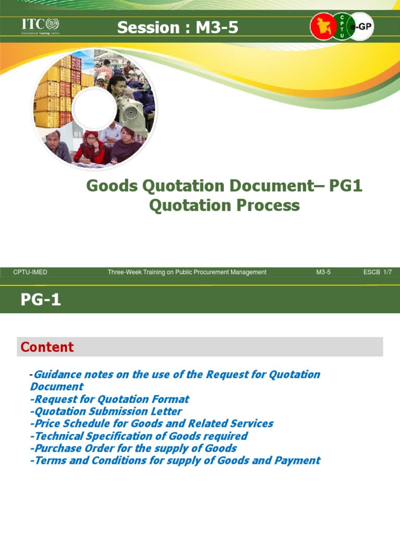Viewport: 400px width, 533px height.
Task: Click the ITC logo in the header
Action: point(40,26)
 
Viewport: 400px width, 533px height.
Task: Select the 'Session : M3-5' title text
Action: point(178,28)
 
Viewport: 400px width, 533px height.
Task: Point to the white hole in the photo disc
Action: point(94,109)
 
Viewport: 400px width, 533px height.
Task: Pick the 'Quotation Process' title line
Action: point(224,205)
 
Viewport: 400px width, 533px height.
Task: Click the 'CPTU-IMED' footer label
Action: point(30,272)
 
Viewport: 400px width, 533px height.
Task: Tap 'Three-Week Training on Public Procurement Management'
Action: point(187,272)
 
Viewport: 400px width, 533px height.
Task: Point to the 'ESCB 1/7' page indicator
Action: point(377,272)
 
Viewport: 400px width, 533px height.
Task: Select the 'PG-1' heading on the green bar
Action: point(41,300)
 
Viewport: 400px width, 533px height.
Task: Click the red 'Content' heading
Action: point(47,347)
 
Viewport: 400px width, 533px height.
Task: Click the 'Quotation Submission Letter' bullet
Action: point(106,411)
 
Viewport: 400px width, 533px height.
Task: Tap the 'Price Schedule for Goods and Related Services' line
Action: point(152,424)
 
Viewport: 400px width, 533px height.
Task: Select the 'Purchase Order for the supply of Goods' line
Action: point(133,448)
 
